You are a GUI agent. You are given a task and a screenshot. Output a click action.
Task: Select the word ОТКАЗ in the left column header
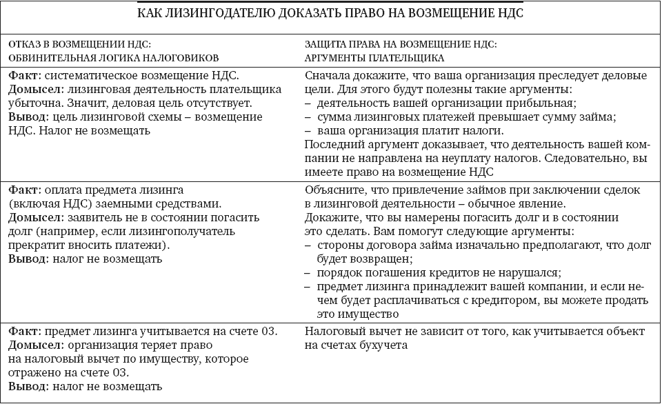[x=26, y=43]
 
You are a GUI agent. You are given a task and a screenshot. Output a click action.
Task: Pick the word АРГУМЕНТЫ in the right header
[x=336, y=57]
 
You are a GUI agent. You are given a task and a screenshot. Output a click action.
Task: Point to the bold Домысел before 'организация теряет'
[x=32, y=345]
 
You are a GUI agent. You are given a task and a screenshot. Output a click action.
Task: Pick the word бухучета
[x=381, y=345]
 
